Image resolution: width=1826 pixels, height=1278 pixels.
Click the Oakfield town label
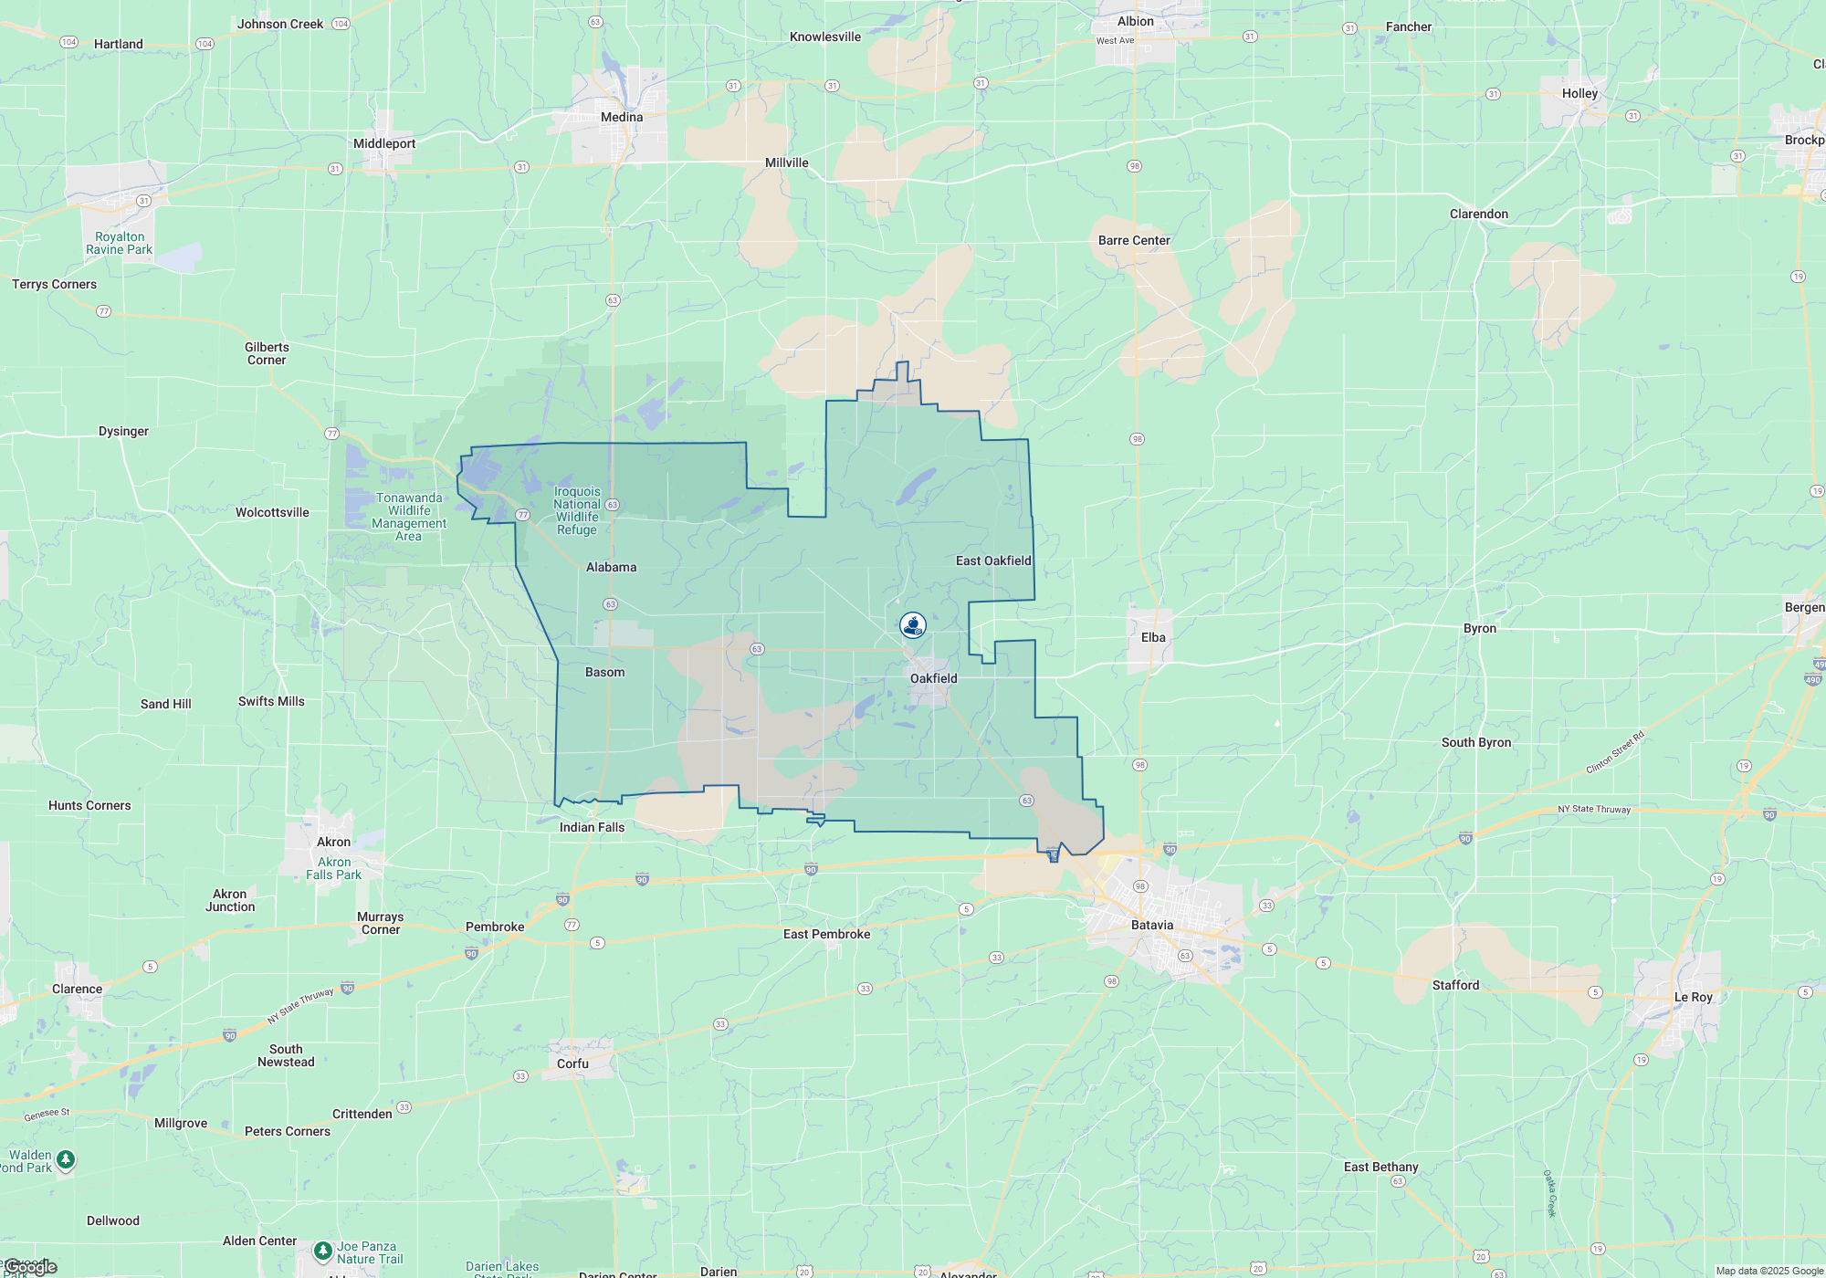933,678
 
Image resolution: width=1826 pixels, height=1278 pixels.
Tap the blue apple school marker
913,625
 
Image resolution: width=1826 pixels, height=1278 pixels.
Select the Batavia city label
1152,925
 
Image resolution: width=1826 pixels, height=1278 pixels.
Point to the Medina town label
622,117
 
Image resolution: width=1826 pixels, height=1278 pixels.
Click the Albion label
1136,21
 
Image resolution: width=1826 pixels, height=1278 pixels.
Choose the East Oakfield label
993,560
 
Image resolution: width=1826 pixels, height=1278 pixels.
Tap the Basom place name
604,672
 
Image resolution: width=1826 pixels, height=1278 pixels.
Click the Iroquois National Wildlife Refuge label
577,510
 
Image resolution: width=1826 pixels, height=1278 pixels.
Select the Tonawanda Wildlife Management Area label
409,517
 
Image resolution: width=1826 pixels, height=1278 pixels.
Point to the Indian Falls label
592,827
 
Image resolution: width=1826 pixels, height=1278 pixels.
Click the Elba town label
1153,637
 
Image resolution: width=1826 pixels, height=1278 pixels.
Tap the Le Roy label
1693,997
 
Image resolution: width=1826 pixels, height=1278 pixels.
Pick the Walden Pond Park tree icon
66,1160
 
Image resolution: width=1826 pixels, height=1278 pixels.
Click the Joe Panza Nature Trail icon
322,1250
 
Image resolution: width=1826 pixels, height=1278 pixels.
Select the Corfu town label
572,1063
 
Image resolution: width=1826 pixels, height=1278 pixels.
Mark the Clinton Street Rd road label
1614,752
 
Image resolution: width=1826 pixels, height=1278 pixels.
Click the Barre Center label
1134,240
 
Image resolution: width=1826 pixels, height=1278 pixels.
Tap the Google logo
30,1267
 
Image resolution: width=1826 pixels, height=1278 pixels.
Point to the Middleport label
384,143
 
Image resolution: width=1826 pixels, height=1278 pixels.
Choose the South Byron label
1476,742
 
